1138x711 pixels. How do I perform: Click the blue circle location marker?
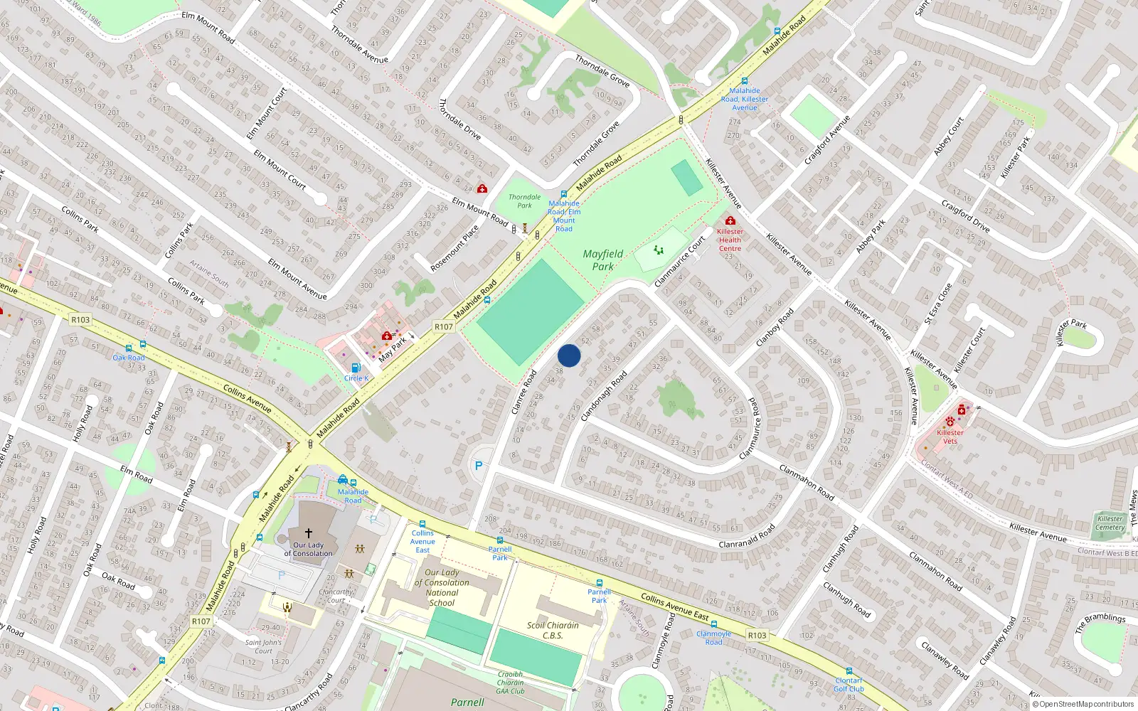coord(569,355)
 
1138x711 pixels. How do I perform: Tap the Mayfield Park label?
coord(603,260)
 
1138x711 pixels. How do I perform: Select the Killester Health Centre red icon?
coord(730,221)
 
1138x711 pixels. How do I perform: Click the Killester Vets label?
coord(950,437)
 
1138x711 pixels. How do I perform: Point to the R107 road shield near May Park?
coord(444,327)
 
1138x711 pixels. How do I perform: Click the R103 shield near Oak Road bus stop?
coord(80,320)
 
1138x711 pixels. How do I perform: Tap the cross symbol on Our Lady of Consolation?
coord(308,533)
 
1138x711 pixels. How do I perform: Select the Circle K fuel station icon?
coord(356,368)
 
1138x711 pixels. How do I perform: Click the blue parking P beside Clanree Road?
coord(479,466)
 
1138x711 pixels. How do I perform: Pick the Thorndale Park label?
coord(524,201)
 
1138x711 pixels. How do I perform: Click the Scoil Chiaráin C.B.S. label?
coord(553,630)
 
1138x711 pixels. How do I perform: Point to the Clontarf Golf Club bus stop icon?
coord(849,671)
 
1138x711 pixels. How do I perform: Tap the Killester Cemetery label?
coord(1110,523)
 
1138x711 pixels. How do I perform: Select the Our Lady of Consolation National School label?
coord(442,587)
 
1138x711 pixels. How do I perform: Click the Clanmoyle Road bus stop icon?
coord(713,624)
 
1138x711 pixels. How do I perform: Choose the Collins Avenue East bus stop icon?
coord(422,524)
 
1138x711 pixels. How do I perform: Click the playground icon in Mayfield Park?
coord(659,250)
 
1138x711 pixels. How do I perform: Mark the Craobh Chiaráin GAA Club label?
coord(510,683)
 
